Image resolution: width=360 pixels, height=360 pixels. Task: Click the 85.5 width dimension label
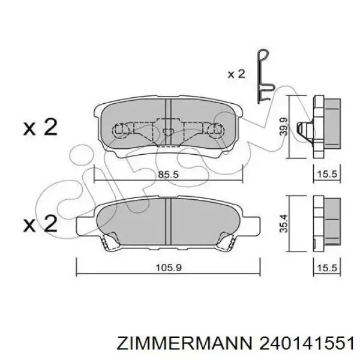coord(168,175)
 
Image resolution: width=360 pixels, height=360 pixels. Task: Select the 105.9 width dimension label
coord(169,268)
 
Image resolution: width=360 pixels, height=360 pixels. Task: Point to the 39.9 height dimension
coord(284,126)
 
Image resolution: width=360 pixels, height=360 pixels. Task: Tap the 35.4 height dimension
coord(284,223)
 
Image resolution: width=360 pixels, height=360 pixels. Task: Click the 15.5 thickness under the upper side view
coord(327,174)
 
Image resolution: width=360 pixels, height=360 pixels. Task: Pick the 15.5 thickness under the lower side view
coord(327,268)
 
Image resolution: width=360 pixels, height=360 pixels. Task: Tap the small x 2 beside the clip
coord(236,74)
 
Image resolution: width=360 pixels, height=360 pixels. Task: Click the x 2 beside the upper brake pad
coord(40,127)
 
